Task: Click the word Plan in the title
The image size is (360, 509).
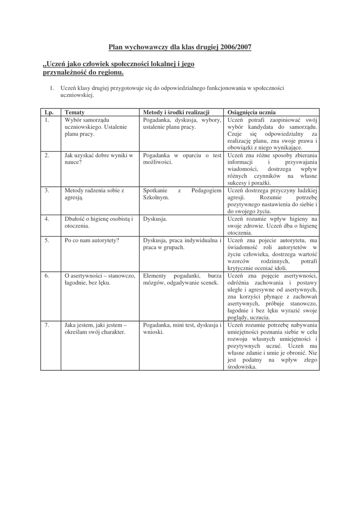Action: (116, 47)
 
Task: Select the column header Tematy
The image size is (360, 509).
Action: (74, 112)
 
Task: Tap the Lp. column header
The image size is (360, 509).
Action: (48, 112)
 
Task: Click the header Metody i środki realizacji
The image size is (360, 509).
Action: (176, 112)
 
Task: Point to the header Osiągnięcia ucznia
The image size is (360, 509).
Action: (251, 112)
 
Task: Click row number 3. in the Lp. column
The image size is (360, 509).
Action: (46, 190)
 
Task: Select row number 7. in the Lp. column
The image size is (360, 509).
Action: (46, 325)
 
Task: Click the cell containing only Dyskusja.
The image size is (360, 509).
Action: (155, 218)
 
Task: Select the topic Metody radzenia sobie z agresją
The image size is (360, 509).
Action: (94, 194)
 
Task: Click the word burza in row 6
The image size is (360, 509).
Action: (215, 275)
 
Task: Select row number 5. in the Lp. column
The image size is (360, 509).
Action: (46, 240)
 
